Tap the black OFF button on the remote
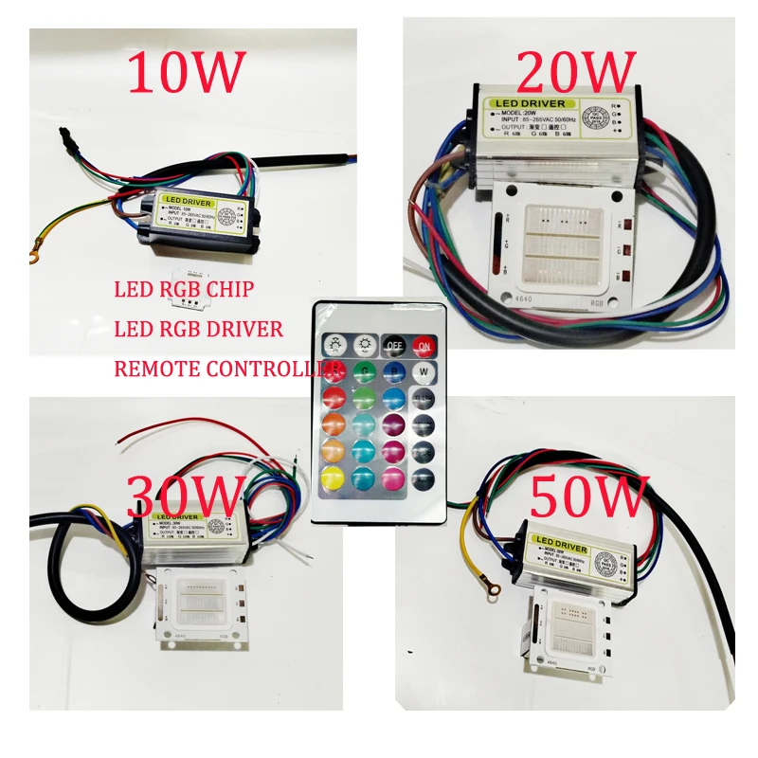393,345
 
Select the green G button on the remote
364,370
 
